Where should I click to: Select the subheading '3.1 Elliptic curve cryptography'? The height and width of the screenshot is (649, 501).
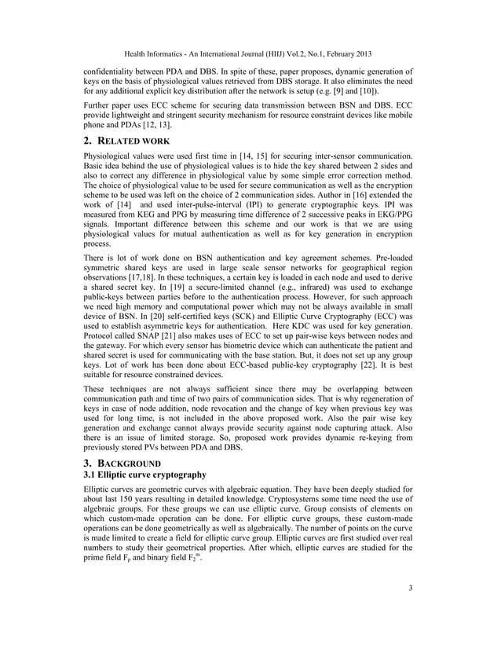tap(144, 475)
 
